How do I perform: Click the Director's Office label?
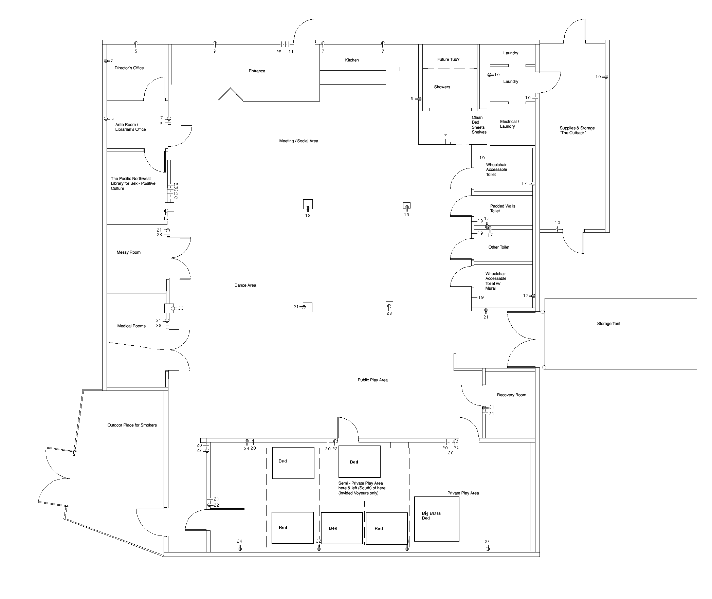[129, 68]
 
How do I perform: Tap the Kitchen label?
[352, 60]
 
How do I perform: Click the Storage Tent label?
[608, 324]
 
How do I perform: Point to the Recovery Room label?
[511, 395]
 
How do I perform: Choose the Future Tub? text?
[448, 59]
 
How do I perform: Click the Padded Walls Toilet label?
[503, 208]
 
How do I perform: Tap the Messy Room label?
[128, 252]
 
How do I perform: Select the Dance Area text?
[245, 285]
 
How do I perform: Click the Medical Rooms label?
[131, 326]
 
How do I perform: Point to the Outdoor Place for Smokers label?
[132, 425]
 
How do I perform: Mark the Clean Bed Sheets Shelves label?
[479, 125]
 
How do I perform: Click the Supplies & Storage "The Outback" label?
[577, 130]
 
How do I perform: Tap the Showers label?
[442, 87]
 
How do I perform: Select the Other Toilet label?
[499, 247]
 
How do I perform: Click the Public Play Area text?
[372, 380]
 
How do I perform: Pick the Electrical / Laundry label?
[509, 124]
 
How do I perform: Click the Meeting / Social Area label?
[298, 141]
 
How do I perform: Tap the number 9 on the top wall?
[215, 51]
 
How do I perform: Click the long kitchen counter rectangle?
[353, 77]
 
